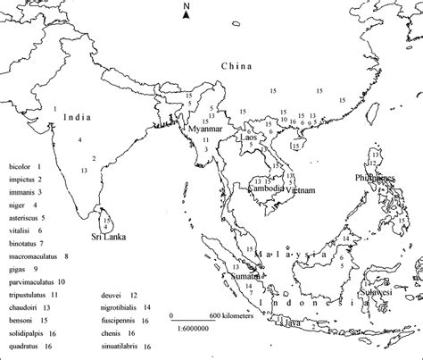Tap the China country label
click(236, 67)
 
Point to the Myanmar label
click(204, 129)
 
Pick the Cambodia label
click(266, 188)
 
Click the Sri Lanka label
click(108, 237)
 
